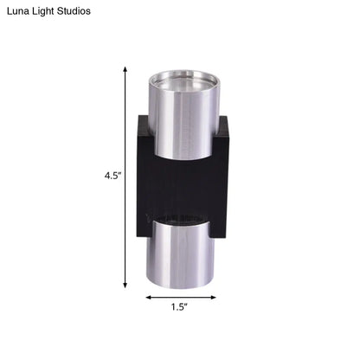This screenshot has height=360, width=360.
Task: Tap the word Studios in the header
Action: pyautogui.click(x=74, y=11)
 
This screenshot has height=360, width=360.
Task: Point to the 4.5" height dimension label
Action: pyautogui.click(x=112, y=176)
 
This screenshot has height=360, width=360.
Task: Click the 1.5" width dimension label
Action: pyautogui.click(x=179, y=307)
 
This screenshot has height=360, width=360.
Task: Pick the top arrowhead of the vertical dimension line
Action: pyautogui.click(x=125, y=69)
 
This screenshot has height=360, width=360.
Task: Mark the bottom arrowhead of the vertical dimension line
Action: pyautogui.click(x=125, y=285)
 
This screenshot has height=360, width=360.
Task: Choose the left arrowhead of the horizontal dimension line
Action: pyautogui.click(x=149, y=298)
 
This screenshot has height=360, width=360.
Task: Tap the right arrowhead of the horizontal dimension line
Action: pyautogui.click(x=213, y=298)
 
